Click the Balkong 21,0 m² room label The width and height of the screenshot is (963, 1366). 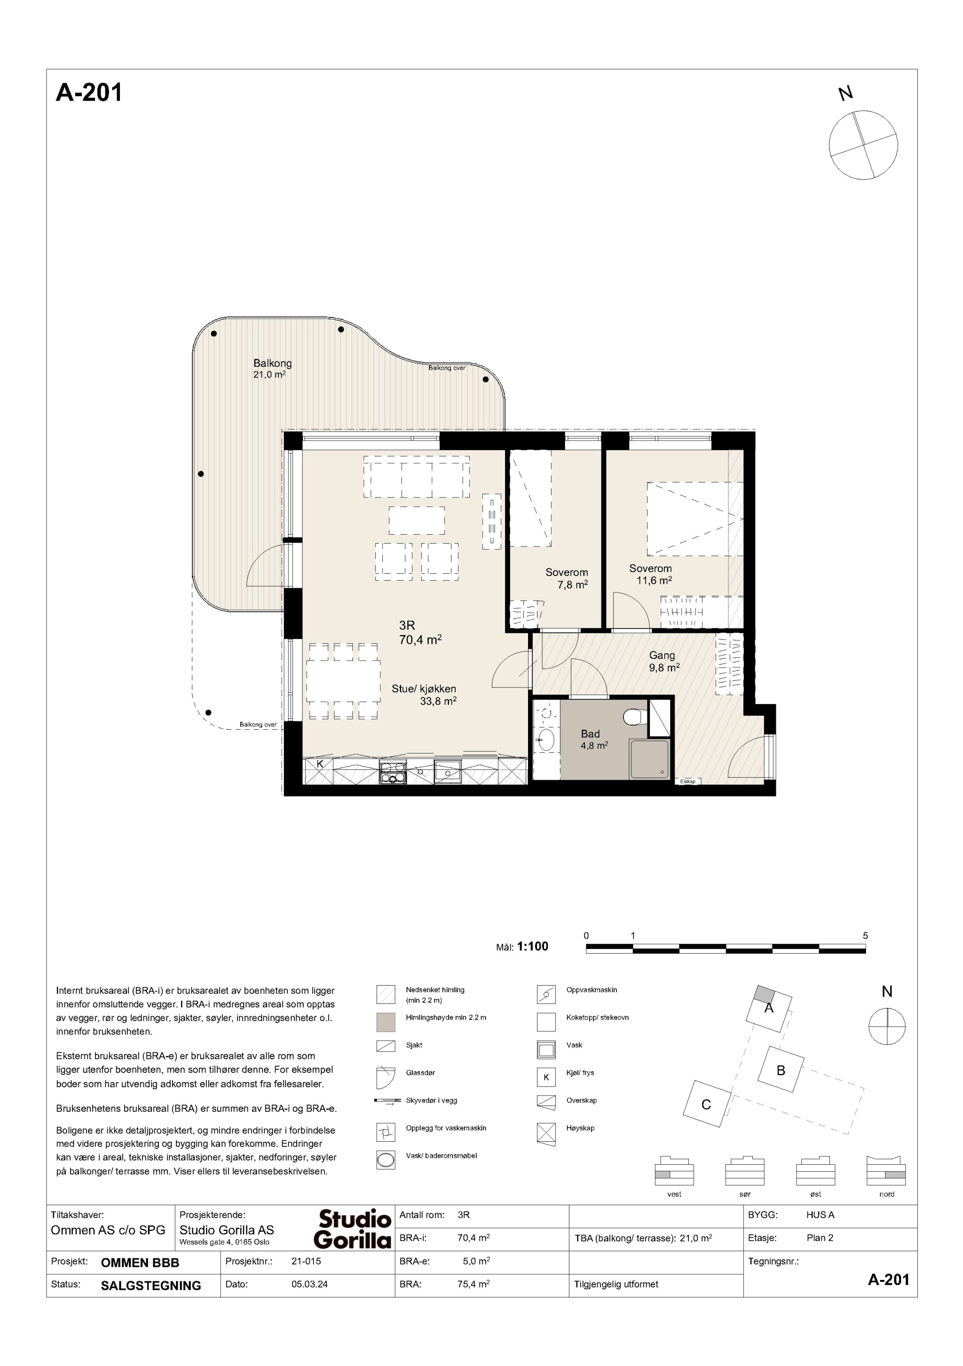click(272, 368)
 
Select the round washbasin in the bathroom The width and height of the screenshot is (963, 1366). click(545, 741)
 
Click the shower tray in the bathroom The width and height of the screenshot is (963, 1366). click(649, 758)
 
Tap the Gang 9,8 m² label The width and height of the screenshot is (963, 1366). click(663, 662)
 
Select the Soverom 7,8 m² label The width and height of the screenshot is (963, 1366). click(567, 578)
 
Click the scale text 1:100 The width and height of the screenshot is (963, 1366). click(532, 946)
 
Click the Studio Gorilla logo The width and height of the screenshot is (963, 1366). click(353, 1229)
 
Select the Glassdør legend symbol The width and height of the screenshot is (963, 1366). click(386, 1078)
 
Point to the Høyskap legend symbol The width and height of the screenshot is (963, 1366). click(546, 1133)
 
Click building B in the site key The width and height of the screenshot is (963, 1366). click(781, 1070)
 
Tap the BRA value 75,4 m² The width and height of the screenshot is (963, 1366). click(474, 1284)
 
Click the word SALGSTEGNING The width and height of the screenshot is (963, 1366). click(151, 1285)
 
